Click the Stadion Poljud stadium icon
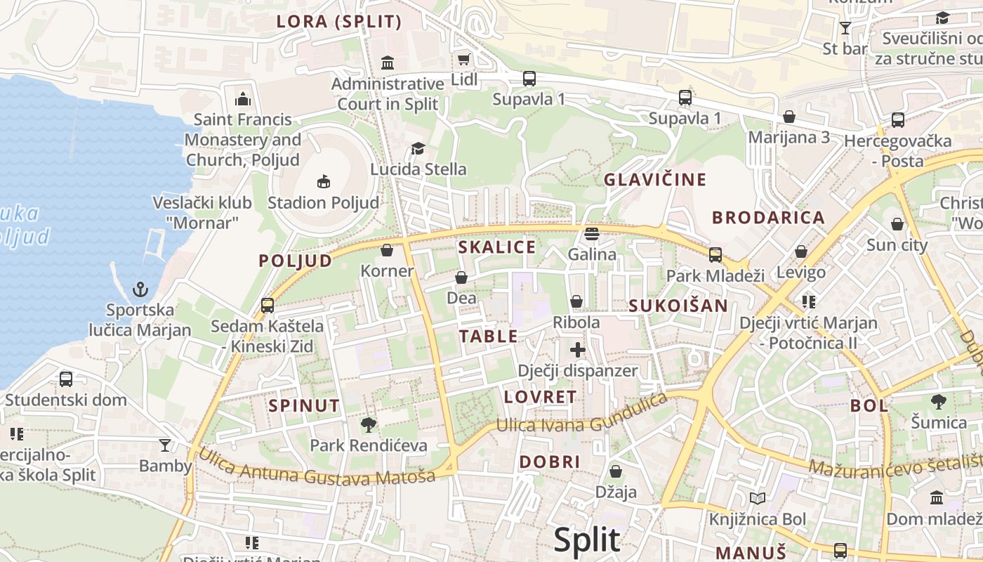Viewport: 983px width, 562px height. pyautogui.click(x=323, y=182)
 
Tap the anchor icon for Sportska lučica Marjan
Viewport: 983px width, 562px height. pyautogui.click(x=140, y=289)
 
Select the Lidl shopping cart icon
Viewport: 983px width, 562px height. pyautogui.click(x=463, y=59)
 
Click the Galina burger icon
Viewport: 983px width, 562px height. pyautogui.click(x=592, y=233)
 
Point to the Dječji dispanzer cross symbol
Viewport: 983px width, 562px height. pyautogui.click(x=578, y=349)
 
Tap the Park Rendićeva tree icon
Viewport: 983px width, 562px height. pyautogui.click(x=368, y=424)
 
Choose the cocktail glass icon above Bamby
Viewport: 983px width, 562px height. pyautogui.click(x=165, y=445)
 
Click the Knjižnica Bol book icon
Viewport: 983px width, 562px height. pyautogui.click(x=757, y=499)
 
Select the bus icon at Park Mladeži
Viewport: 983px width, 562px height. pyautogui.click(x=715, y=254)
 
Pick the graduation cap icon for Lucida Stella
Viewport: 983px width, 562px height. pyautogui.click(x=418, y=148)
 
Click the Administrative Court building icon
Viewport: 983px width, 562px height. pyautogui.click(x=388, y=63)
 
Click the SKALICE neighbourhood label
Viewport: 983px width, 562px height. pyautogui.click(x=496, y=247)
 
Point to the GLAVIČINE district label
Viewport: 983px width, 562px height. pyautogui.click(x=655, y=180)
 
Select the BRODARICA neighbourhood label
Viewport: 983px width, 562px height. pyautogui.click(x=769, y=218)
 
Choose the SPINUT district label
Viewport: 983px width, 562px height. pyautogui.click(x=304, y=405)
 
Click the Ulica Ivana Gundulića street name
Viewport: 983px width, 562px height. pyautogui.click(x=581, y=415)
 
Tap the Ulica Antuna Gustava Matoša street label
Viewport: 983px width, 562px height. pyautogui.click(x=316, y=467)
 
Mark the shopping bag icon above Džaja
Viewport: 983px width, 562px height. pyautogui.click(x=616, y=471)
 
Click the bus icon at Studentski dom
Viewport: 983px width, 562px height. pyautogui.click(x=66, y=379)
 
